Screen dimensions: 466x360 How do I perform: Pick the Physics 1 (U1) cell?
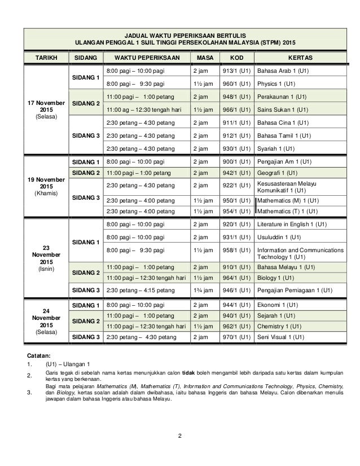pyautogui.click(x=276, y=85)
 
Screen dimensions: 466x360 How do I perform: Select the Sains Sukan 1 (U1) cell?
pyautogui.click(x=282, y=109)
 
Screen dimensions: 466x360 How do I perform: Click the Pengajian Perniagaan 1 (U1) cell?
pyautogui.click(x=295, y=291)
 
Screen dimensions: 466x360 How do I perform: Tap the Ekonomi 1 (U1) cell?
pyautogui.click(x=278, y=305)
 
